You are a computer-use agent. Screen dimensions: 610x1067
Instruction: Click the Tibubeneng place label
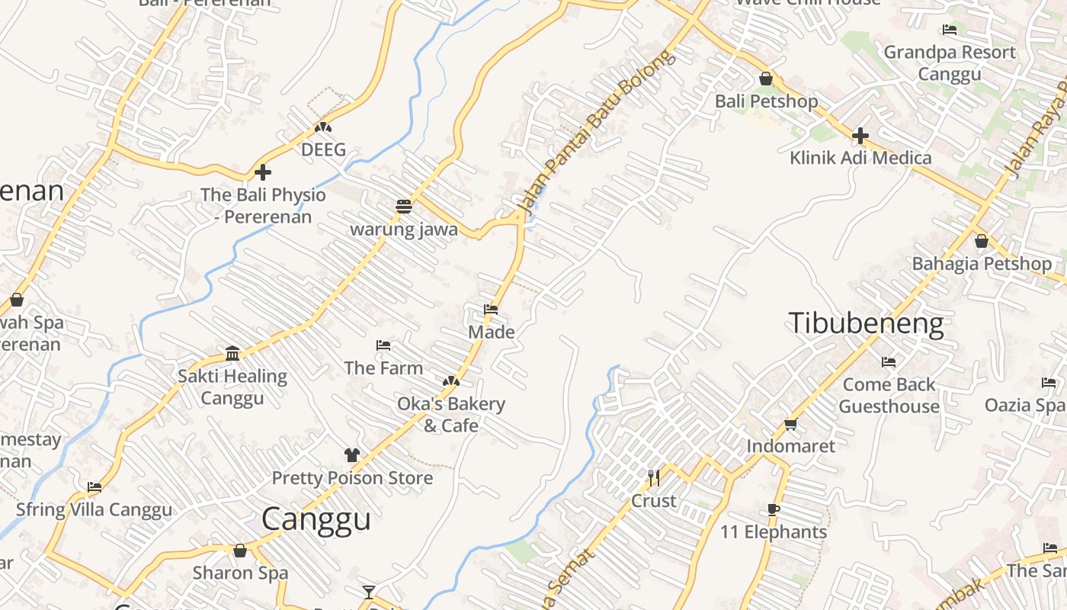point(866,323)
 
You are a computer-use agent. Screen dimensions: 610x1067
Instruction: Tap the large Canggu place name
point(316,519)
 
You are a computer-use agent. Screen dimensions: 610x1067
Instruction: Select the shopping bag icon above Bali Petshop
point(766,79)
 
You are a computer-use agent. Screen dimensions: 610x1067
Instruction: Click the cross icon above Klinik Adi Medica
point(860,136)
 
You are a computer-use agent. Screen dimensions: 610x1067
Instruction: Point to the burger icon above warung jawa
point(404,206)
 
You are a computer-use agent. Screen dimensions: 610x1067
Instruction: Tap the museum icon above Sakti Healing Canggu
point(232,353)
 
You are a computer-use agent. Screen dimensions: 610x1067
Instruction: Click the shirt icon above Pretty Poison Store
point(351,455)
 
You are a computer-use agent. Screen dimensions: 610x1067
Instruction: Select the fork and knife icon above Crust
point(653,477)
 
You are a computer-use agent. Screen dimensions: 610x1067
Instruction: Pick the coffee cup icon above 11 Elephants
point(774,509)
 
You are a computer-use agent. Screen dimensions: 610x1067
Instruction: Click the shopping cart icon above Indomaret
point(790,424)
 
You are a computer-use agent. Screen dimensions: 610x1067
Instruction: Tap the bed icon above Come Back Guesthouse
point(889,361)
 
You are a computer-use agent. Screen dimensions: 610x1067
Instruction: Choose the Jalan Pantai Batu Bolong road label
point(596,131)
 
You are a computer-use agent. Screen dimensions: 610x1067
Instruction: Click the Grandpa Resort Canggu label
point(950,63)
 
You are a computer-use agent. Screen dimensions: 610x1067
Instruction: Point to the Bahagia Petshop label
point(982,264)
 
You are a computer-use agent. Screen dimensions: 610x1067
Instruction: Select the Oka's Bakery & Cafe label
point(451,414)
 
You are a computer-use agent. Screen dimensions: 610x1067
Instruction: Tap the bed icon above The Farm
point(383,345)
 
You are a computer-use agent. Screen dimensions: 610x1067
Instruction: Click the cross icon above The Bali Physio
point(263,172)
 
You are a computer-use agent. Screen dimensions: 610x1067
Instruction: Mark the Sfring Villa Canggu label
point(95,509)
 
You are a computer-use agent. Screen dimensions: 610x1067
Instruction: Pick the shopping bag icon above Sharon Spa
point(240,551)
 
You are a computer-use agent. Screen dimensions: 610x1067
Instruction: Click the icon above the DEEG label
point(323,127)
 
